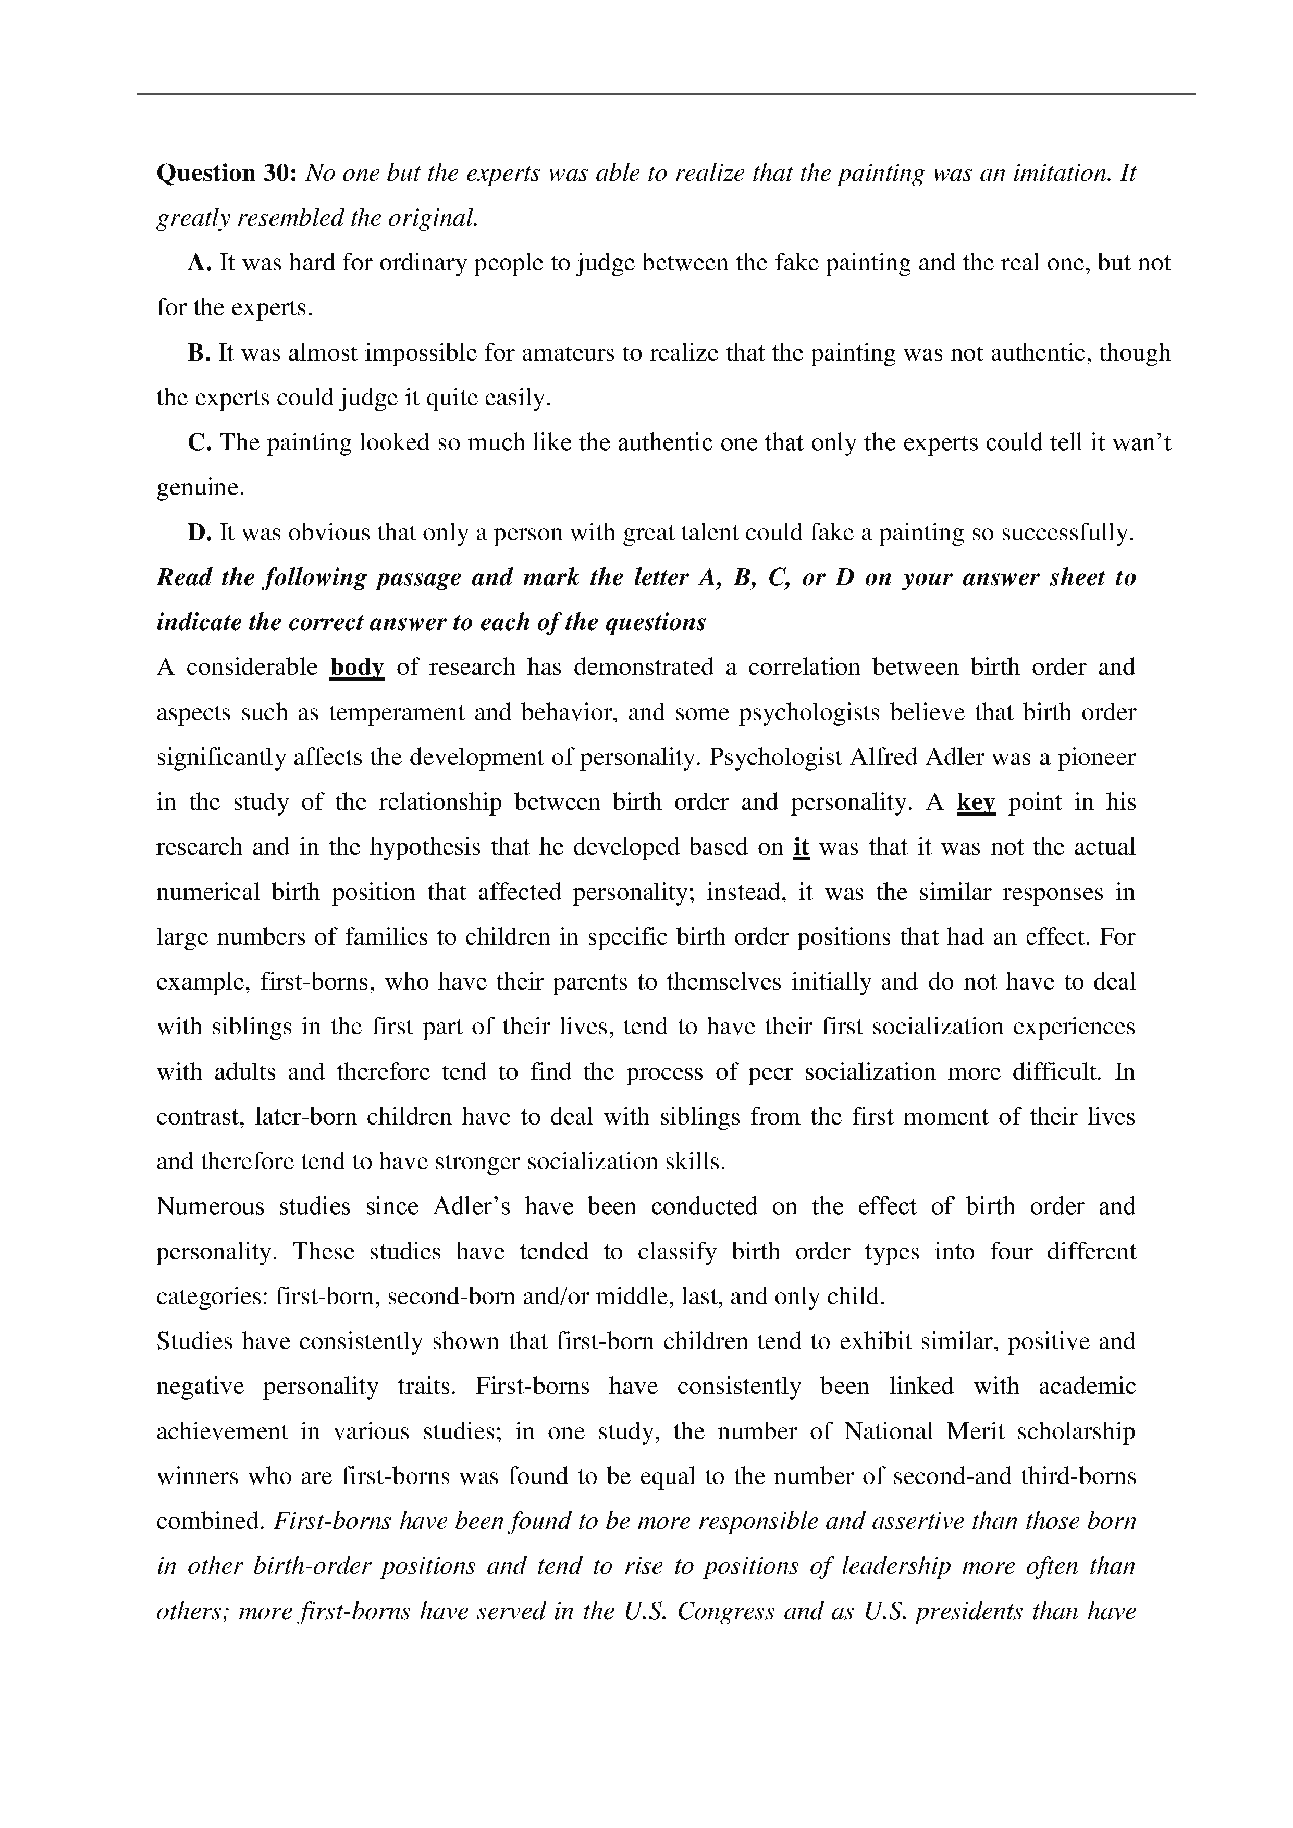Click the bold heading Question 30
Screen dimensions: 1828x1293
tap(227, 174)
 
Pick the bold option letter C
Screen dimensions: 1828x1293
tap(199, 442)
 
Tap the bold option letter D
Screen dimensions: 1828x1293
tap(199, 533)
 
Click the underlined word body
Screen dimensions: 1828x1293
tap(356, 667)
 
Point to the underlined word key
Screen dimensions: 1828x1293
tap(976, 802)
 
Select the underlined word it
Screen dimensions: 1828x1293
tap(801, 847)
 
